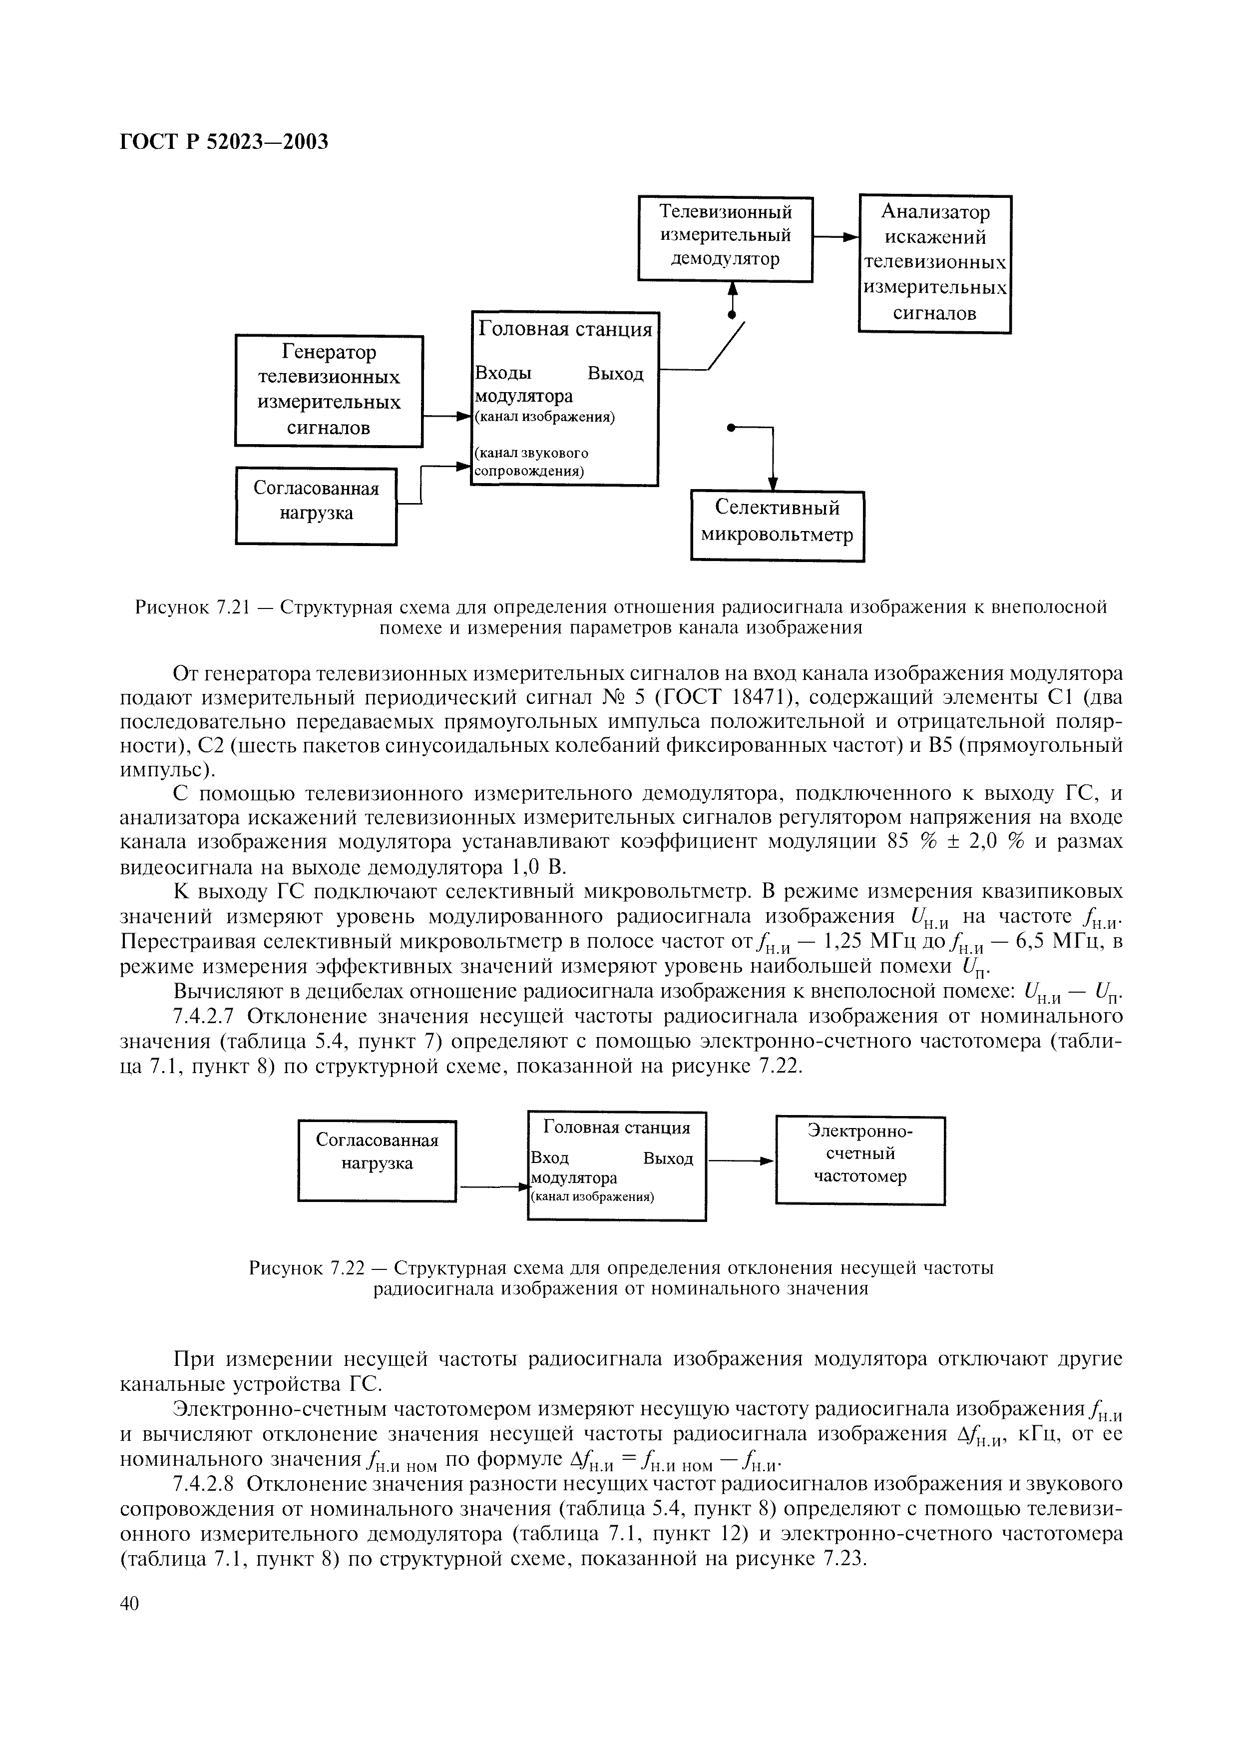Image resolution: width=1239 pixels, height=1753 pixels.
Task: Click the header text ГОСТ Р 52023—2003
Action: [224, 142]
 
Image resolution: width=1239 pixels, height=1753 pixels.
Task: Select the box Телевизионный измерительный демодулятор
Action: [725, 238]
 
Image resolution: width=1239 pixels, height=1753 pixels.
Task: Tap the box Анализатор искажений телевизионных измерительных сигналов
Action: [935, 263]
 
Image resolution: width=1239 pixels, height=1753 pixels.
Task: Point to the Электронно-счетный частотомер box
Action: [860, 1161]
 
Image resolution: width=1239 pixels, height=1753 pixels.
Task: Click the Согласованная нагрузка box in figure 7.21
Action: [316, 506]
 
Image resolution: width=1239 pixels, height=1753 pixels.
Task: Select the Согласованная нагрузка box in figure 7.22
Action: [377, 1161]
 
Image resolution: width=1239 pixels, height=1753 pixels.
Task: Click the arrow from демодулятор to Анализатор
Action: [836, 238]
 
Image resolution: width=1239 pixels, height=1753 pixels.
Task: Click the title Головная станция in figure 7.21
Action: [565, 329]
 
